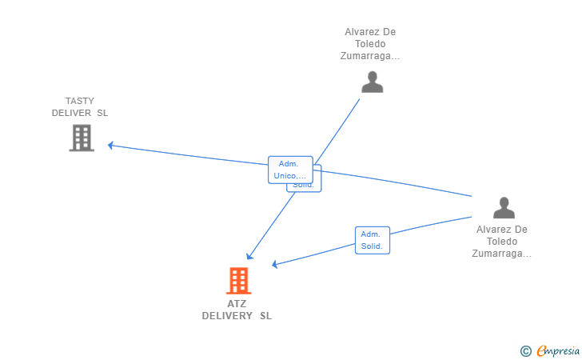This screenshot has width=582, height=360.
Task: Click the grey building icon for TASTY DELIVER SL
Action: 82,138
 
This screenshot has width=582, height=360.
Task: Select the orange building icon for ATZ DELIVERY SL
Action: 238,281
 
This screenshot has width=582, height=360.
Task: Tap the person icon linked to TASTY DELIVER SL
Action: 504,208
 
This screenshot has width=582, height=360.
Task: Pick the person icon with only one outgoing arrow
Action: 372,82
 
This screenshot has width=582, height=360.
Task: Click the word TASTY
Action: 80,102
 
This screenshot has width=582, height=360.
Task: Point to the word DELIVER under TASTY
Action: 71,113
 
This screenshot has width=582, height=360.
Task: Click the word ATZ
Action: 237,304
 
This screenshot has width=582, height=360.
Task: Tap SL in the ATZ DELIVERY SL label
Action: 265,316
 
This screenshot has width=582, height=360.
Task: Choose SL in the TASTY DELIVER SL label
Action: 102,113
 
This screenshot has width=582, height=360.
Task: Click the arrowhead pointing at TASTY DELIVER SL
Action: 111,145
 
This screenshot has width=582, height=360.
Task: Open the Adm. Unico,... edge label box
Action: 289,170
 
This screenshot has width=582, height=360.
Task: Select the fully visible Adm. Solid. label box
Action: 372,240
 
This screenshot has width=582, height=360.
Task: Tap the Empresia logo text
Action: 558,350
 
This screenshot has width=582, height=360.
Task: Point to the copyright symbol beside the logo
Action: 525,350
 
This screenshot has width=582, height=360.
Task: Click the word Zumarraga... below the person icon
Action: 501,254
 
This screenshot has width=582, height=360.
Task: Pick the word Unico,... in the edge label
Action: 289,176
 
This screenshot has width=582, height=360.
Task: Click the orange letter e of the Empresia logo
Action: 540,350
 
